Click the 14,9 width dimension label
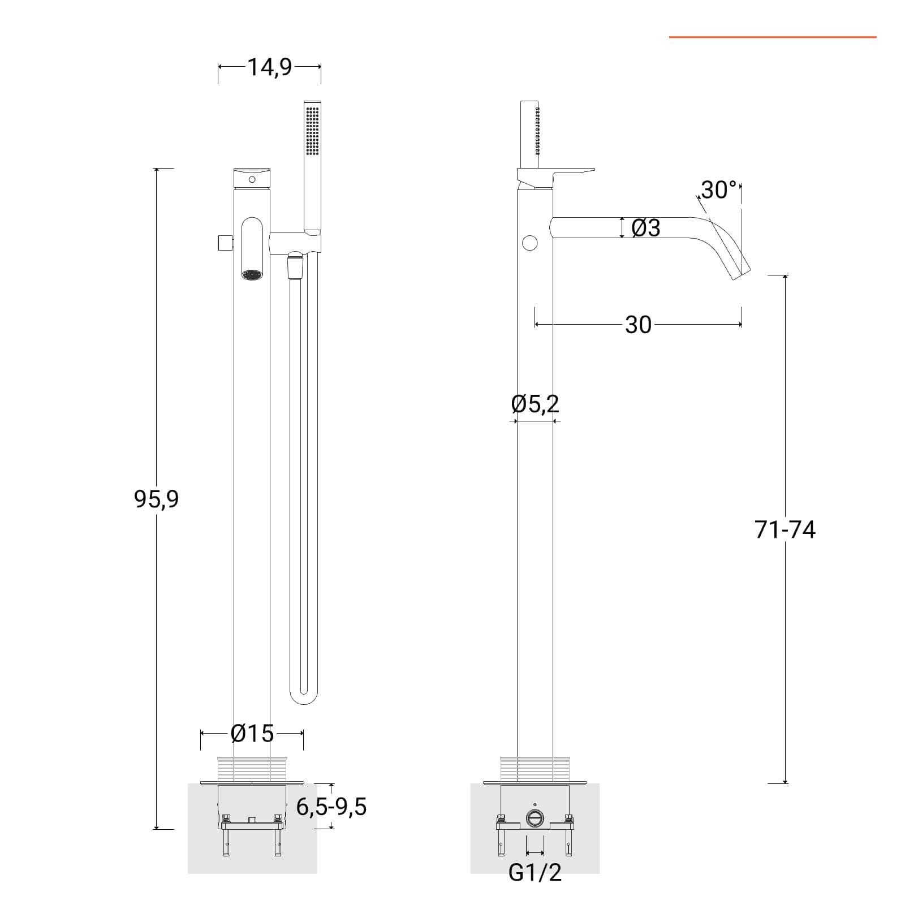pos(270,67)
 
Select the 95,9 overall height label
pos(156,499)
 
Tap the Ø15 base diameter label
pos(252,734)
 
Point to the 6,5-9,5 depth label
pos(331,807)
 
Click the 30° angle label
pos(719,190)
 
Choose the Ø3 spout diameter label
pos(645,228)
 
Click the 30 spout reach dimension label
pos(638,325)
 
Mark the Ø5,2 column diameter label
pos(535,404)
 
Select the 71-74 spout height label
pos(785,530)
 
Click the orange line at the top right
pos(773,37)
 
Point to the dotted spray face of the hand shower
pos(312,131)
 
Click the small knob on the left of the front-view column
pos(224,243)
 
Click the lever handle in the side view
pos(556,178)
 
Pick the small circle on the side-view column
pos(529,244)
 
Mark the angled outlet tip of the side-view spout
pos(742,274)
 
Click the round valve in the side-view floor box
pos(535,818)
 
